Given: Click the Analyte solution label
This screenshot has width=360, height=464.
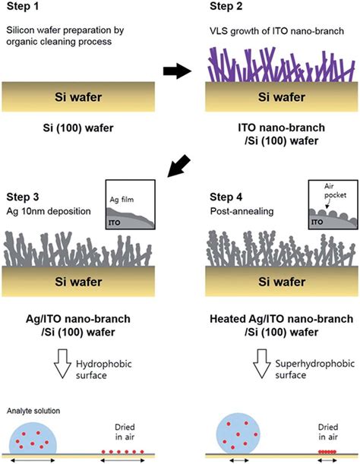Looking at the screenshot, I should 30,411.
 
